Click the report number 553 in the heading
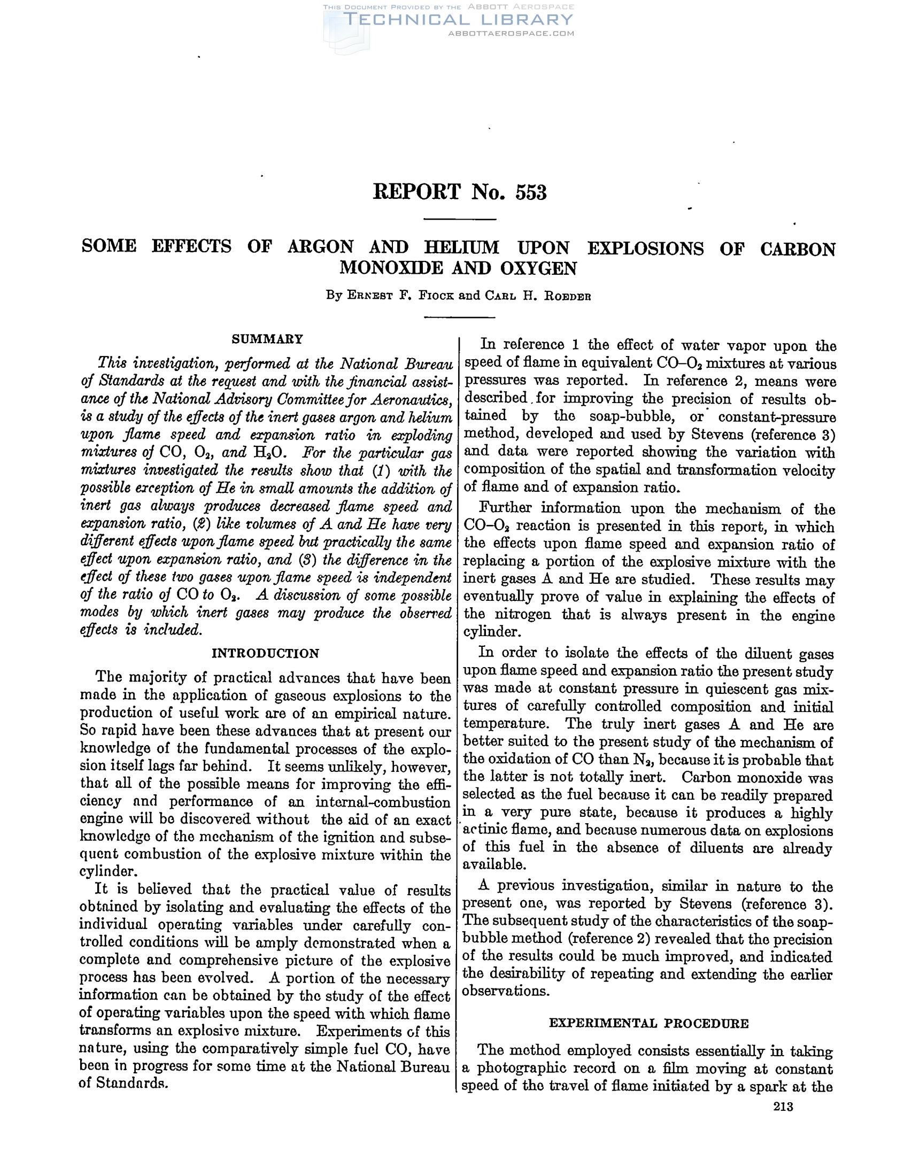(530, 193)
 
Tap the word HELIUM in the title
(461, 247)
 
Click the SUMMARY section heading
(267, 339)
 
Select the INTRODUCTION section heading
(265, 653)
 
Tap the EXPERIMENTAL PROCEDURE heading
(648, 1023)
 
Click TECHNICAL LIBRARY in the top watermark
(458, 20)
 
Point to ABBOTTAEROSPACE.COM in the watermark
(511, 33)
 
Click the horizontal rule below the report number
(459, 219)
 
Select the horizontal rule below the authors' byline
(459, 317)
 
